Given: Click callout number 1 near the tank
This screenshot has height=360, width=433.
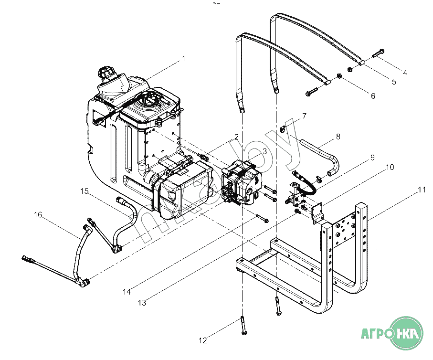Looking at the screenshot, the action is point(184,59).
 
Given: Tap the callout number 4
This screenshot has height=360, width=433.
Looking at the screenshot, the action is point(405,73).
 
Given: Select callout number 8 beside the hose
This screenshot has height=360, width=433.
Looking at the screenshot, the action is point(338,137).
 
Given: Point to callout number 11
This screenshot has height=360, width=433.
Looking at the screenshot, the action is point(422,190).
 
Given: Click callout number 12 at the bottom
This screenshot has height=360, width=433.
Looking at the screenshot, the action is point(203,340).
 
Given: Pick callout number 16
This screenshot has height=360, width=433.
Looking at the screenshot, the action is point(38,214).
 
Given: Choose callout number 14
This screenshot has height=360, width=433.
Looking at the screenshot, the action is point(127,292).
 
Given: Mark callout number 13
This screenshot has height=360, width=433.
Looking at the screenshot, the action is point(142,303).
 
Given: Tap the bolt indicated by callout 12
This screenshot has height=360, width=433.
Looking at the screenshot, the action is point(243,326).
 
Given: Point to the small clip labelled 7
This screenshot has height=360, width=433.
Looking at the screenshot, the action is point(282,129).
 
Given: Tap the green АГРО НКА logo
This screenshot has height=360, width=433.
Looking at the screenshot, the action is point(392,333).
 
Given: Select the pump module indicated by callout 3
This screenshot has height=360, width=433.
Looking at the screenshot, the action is point(242,183).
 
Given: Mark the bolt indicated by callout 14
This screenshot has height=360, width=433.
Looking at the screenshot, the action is point(263,219).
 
